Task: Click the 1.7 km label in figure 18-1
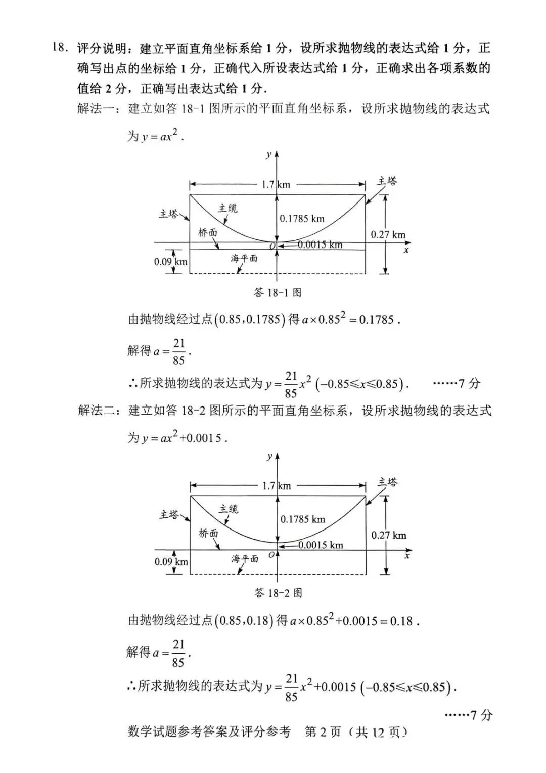point(276,184)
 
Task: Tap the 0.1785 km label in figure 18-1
point(302,219)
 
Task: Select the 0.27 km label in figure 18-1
point(388,234)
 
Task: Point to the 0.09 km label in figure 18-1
point(170,262)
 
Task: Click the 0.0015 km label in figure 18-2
point(321,545)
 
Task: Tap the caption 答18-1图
point(278,292)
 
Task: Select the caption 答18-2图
point(278,593)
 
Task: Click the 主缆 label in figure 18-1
point(227,208)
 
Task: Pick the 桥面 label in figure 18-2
point(208,533)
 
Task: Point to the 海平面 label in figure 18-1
point(244,258)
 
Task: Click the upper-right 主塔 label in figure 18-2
point(387,482)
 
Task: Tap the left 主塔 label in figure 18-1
point(169,214)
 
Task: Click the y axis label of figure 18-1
point(268,155)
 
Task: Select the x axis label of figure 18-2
point(407,556)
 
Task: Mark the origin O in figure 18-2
point(271,555)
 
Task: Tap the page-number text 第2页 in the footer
point(323,731)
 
